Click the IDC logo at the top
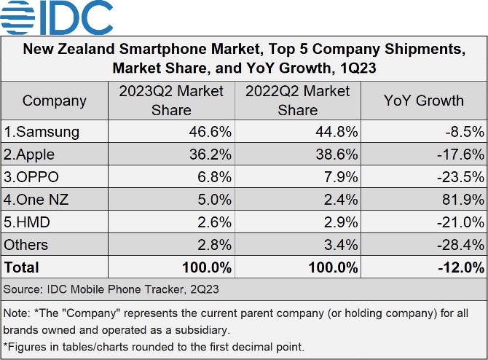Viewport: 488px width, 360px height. pos(56,17)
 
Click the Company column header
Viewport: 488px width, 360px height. pos(55,101)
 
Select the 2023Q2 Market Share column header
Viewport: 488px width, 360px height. pos(171,101)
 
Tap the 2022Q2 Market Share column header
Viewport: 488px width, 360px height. pos(297,101)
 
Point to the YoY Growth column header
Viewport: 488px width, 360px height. pos(424,101)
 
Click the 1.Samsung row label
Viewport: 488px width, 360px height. pos(42,132)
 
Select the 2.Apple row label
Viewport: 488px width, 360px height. pos(29,154)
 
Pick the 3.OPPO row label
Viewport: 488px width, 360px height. pos(31,177)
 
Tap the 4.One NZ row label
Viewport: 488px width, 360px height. pos(36,199)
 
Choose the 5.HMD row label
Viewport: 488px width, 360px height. pos(27,222)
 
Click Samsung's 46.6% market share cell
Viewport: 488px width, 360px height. pos(210,132)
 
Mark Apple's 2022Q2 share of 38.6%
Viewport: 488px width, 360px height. pos(337,154)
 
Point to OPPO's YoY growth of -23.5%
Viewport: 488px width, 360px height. pos(460,177)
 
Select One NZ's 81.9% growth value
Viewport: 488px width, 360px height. pos(463,199)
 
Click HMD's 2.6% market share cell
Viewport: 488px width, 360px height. pos(214,222)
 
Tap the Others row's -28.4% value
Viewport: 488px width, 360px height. pos(460,245)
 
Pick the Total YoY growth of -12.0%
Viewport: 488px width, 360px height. pos(461,267)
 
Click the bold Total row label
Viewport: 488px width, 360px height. pos(21,267)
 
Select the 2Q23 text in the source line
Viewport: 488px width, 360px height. pos(205,289)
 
